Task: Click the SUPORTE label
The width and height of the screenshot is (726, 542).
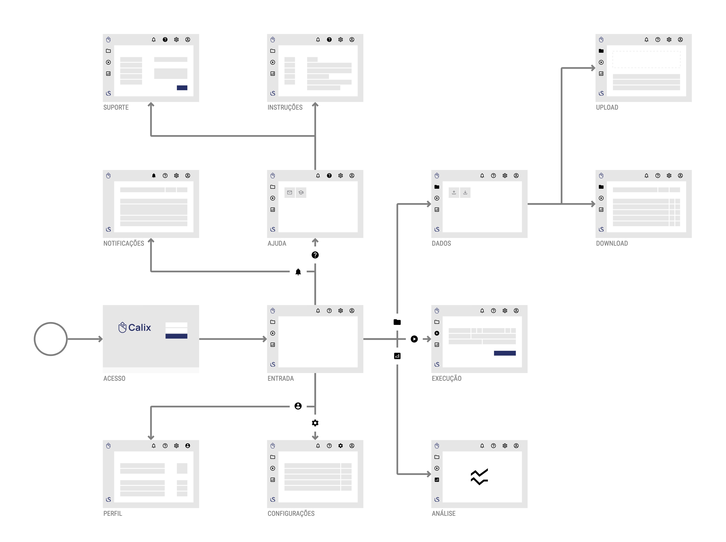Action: (116, 107)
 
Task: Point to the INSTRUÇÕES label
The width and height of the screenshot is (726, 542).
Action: (285, 107)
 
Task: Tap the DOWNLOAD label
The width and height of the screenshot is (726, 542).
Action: (612, 243)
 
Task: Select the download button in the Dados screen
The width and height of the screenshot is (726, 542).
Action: (465, 193)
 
